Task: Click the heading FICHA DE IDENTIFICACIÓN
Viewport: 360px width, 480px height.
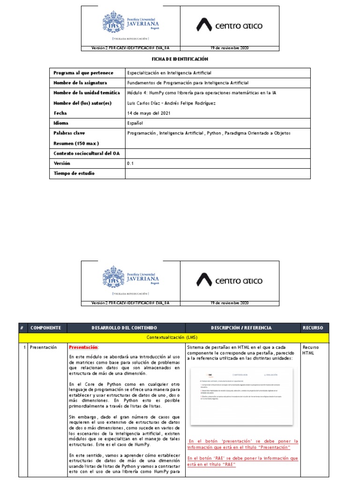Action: pos(180,60)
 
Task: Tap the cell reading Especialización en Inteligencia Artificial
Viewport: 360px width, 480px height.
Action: pos(169,73)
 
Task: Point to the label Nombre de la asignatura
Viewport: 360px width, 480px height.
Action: pos(81,83)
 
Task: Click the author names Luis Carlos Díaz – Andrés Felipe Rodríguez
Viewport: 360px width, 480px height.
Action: pos(172,103)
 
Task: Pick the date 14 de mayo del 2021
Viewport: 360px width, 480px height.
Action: pos(149,113)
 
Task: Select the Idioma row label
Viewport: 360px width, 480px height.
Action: pos(61,123)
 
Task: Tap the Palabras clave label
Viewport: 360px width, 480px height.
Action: pos(69,133)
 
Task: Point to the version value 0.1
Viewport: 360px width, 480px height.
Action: pos(130,164)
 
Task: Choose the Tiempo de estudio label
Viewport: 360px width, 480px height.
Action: pos(74,173)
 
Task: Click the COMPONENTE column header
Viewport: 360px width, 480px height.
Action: pos(46,328)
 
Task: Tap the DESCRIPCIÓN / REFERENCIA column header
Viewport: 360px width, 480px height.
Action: pos(241,328)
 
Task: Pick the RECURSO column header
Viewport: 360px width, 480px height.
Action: pos(313,328)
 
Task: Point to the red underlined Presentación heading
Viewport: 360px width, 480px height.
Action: pos(83,347)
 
